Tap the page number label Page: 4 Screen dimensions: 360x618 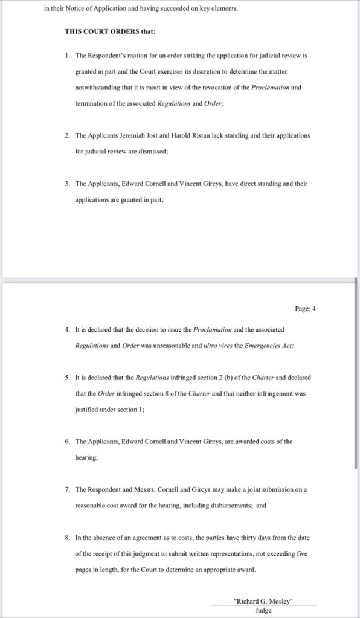[305, 309]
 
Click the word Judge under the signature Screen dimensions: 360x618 [263, 610]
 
